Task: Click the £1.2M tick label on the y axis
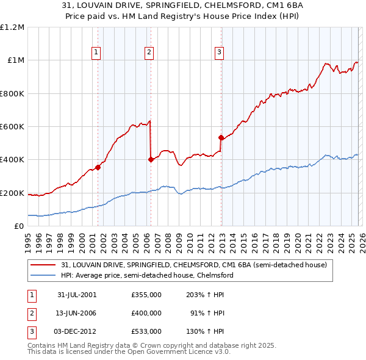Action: point(12,27)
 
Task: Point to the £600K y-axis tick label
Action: point(12,127)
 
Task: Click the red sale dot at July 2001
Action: point(98,167)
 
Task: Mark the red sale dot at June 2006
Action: point(151,160)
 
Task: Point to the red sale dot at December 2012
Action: point(221,138)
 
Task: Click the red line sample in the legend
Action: point(44,265)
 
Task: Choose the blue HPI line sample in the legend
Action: point(44,276)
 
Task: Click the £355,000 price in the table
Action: point(146,295)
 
